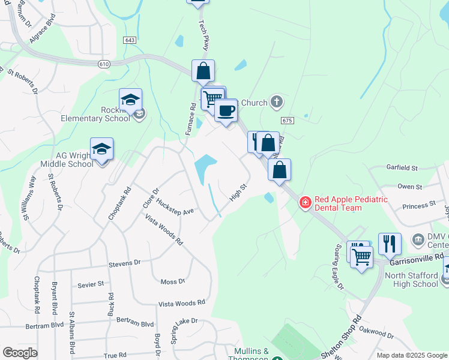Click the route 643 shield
point(130,40)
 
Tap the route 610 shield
point(105,64)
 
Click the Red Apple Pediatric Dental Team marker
point(306,203)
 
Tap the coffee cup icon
point(226,111)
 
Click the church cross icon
point(276,102)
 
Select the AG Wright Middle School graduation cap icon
point(101,150)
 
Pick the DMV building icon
point(418,240)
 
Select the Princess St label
point(405,206)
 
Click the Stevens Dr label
point(124,263)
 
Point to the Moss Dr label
point(173,281)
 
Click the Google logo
point(20,353)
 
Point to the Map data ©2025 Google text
point(411,355)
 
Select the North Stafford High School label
point(411,280)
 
